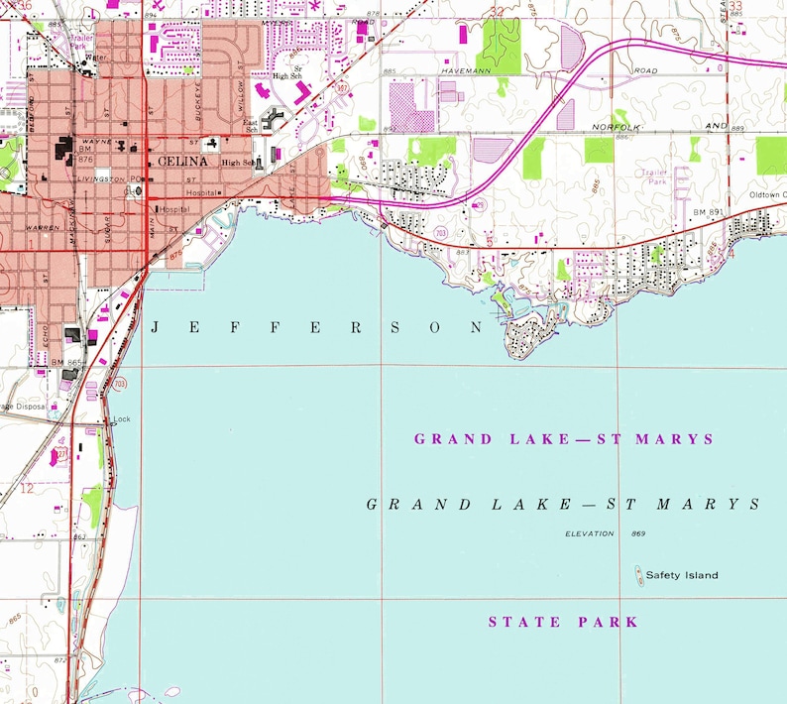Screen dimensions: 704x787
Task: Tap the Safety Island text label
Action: (x=682, y=575)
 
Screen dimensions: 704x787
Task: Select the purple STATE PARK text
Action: (x=563, y=623)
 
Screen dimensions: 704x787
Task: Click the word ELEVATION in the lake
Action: (x=591, y=534)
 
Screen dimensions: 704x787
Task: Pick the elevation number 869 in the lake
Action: (x=637, y=534)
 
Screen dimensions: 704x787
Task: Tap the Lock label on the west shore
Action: (x=121, y=418)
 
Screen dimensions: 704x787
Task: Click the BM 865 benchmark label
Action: (x=65, y=363)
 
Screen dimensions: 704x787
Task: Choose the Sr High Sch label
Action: (x=288, y=71)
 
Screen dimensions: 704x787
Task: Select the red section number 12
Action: (x=27, y=488)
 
